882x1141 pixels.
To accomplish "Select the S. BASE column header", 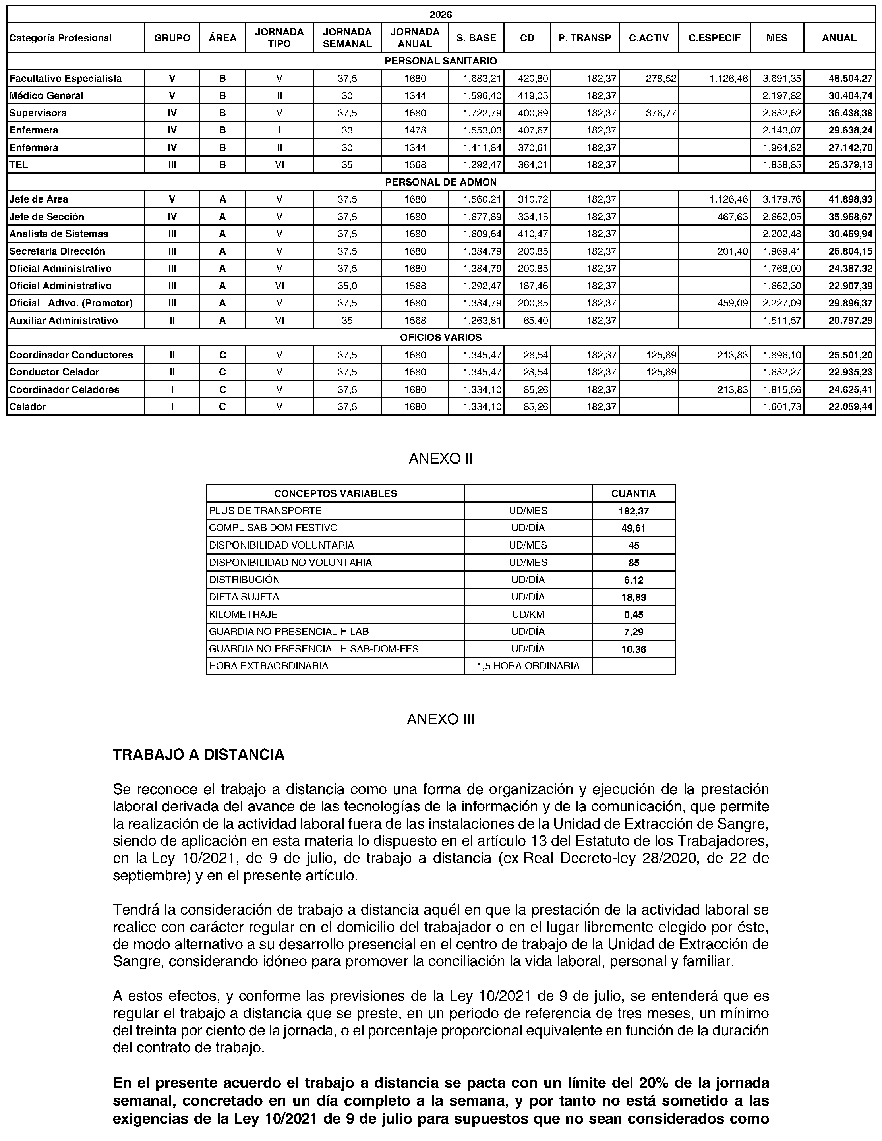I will pyautogui.click(x=476, y=38).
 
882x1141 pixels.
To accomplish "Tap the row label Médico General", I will pyautogui.click(x=46, y=96).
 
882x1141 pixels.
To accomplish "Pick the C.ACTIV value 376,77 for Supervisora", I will pyautogui.click(x=661, y=113).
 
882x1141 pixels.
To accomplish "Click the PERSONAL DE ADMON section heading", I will pyautogui.click(x=441, y=182).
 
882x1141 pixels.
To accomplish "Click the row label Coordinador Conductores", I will pyautogui.click(x=71, y=355).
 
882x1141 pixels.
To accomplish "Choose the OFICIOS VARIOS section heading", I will pyautogui.click(x=441, y=338).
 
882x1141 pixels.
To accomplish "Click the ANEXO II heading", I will pyautogui.click(x=441, y=459).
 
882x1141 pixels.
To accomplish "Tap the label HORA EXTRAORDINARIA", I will pyautogui.click(x=269, y=667).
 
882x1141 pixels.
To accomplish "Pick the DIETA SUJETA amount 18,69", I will pyautogui.click(x=633, y=598).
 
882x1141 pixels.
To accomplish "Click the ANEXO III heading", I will pyautogui.click(x=441, y=719).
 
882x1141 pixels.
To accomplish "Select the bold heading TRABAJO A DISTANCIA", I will pyautogui.click(x=199, y=755).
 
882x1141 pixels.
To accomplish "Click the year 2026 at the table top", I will pyautogui.click(x=441, y=15).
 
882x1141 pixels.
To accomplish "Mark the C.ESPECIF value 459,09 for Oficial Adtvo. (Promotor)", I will pyautogui.click(x=733, y=304).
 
